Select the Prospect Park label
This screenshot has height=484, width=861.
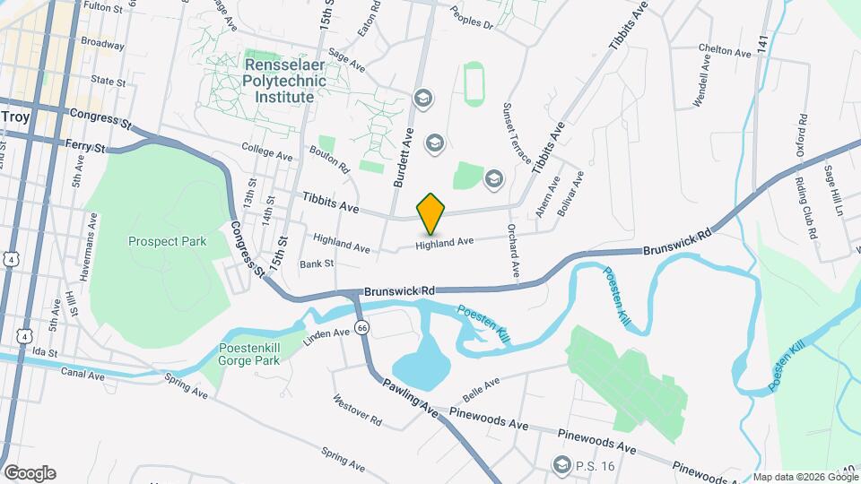pos(167,241)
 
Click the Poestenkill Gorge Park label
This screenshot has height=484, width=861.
pos(249,354)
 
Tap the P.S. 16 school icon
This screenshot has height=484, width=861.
pos(562,463)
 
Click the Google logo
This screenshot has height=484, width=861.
pos(30,472)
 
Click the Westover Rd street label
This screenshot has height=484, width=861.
pos(357,411)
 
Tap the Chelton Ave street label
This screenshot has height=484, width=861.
pos(725,51)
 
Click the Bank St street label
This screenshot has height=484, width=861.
pos(317,264)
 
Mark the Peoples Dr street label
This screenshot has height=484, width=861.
pos(471,25)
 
